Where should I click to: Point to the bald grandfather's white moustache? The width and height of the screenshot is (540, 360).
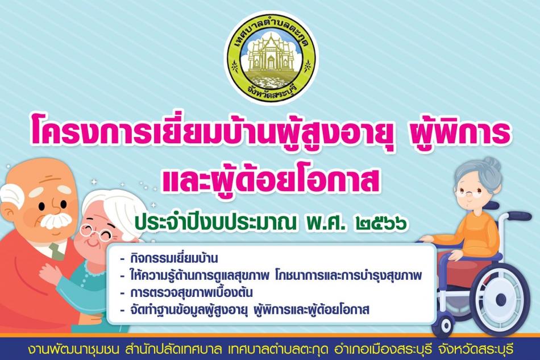coord(56,221)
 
